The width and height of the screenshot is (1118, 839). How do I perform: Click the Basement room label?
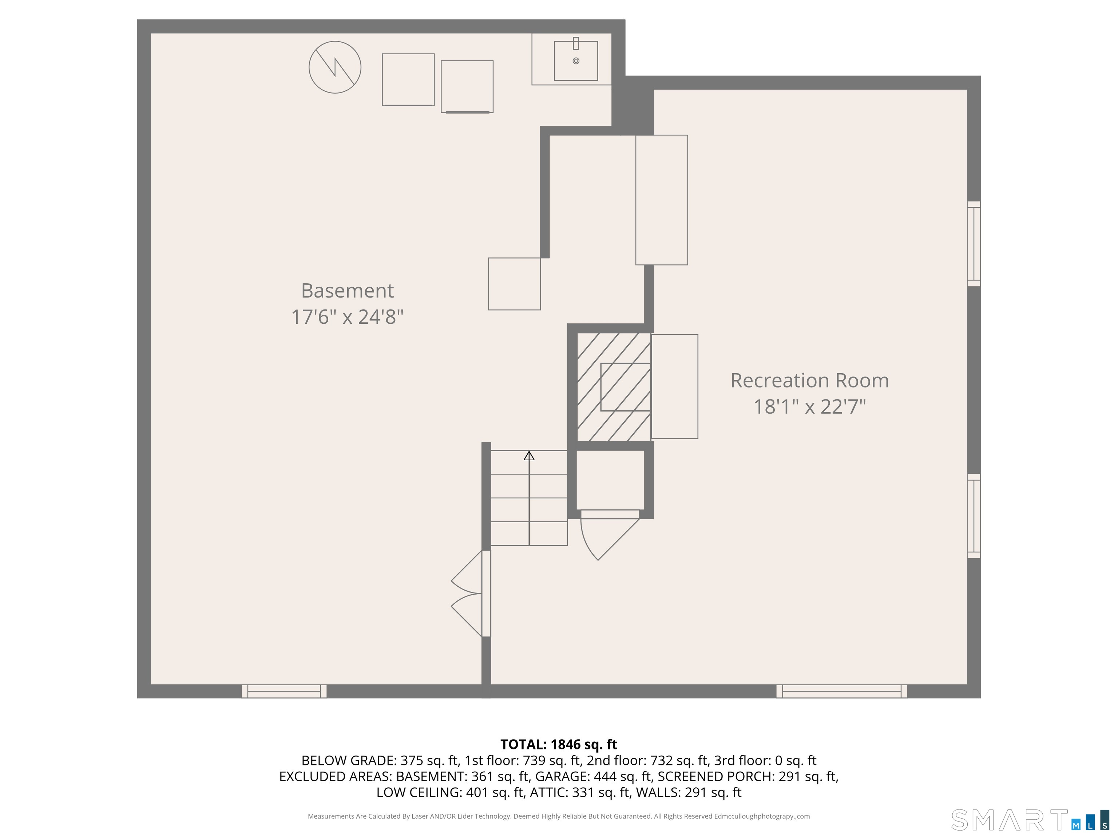point(347,291)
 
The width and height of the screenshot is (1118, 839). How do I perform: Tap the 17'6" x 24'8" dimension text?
point(347,317)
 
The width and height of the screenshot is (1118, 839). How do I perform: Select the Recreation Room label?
point(809,380)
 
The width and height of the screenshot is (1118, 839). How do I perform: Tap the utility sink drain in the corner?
point(576,61)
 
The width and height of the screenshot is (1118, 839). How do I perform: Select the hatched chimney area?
point(613,387)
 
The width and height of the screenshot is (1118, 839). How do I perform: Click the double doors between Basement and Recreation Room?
point(470,593)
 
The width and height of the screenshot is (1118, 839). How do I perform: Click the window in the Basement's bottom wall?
point(284,691)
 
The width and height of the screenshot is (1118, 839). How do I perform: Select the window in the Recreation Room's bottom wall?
point(841,691)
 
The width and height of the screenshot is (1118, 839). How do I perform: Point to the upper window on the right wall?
point(974,244)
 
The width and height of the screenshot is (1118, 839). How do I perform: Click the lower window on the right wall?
point(974,516)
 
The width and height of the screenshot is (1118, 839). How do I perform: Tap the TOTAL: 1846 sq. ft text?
point(559,744)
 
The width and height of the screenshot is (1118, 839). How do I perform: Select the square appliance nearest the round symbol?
point(408,79)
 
